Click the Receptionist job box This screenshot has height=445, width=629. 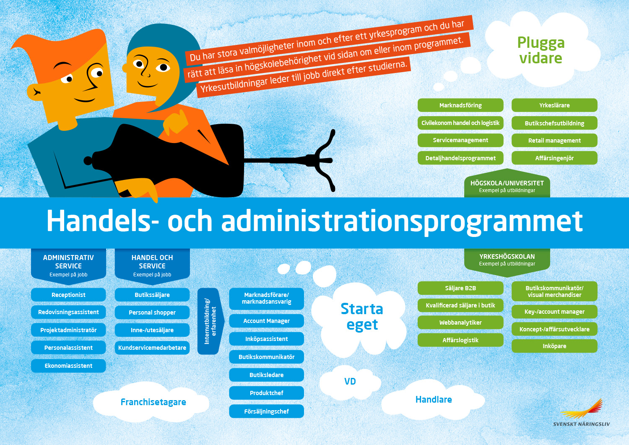[x=68, y=295]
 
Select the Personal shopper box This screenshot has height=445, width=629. [x=152, y=312]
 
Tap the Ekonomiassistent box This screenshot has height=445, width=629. [x=68, y=366]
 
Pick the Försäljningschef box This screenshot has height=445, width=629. [x=266, y=411]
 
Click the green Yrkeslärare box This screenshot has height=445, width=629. [x=554, y=105]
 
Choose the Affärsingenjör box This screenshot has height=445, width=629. [x=554, y=158]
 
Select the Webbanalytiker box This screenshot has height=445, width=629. [x=460, y=323]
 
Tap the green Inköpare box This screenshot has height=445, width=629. [x=554, y=346]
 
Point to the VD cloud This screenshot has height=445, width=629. [x=350, y=381]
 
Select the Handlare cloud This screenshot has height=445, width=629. [x=433, y=399]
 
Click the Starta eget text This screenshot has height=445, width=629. [x=361, y=317]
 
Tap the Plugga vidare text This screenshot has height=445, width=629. [x=541, y=50]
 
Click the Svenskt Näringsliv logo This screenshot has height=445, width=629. [x=581, y=413]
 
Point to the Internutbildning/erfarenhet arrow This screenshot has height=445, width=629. [x=211, y=321]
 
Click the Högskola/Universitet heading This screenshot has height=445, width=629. [x=507, y=183]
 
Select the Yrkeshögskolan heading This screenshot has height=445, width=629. [x=507, y=257]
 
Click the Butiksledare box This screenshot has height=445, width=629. [x=266, y=375]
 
